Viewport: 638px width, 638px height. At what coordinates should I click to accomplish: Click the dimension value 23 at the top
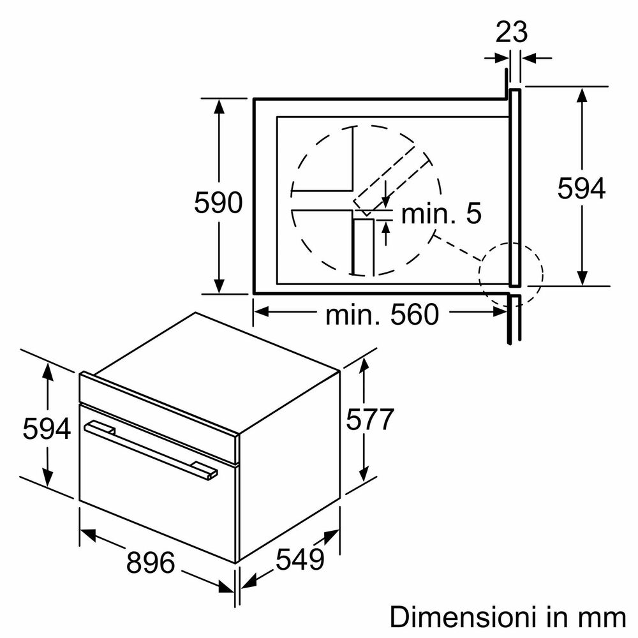(x=512, y=32)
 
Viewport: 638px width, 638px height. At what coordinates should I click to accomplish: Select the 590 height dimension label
(x=218, y=202)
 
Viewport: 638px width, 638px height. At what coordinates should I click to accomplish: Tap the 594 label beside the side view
(x=581, y=188)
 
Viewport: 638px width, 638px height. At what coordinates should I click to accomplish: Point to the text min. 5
(x=441, y=213)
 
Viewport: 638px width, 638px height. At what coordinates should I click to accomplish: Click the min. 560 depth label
(x=382, y=314)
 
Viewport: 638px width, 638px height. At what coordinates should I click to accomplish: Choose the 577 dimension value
(x=370, y=419)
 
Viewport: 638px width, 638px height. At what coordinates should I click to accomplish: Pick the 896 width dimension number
(x=151, y=562)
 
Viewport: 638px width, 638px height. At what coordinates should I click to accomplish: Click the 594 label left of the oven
(x=47, y=428)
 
